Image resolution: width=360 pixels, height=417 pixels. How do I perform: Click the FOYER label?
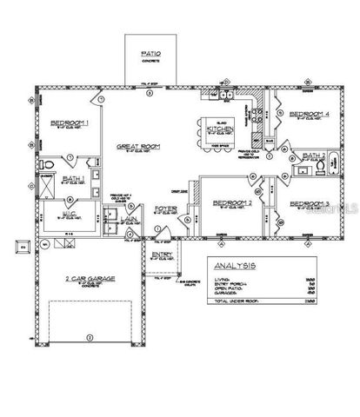[165, 208]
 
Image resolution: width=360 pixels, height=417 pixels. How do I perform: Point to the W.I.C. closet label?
[72, 214]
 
